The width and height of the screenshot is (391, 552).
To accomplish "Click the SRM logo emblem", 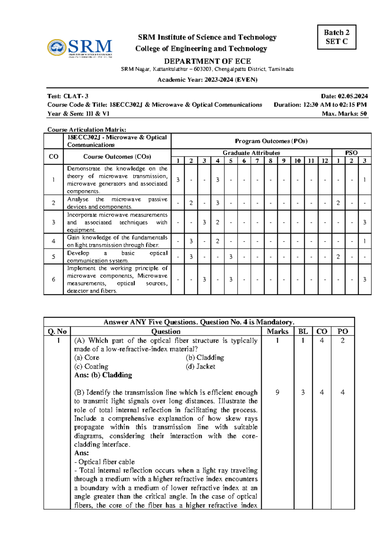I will pos(57,48).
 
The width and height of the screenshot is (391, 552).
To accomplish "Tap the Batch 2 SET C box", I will pos(337,37).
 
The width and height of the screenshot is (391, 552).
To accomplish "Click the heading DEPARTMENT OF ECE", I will pos(207,61).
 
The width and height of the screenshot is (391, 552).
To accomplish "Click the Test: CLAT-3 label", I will pos(68,96).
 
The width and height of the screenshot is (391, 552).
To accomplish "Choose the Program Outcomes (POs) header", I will pos(271,141).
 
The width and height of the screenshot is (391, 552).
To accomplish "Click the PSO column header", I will pos(351,153).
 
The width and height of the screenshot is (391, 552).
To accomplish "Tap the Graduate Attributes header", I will pos(251,153).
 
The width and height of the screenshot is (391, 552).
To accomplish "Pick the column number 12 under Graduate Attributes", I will pos(325,160).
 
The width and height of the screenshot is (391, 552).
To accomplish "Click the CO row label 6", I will pos(53,279).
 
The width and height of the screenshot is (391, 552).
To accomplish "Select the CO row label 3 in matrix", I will pos(53,222).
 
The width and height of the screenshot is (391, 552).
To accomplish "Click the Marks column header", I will pos(278,331).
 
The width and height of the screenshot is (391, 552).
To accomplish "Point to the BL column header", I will pos(303,331).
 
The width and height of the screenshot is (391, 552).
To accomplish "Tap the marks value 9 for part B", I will pos(277,392).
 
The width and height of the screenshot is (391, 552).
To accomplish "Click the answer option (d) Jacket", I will pos(200,366).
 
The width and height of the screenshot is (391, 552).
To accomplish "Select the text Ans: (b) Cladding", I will pos(103,375).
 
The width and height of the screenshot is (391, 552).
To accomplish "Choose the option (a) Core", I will pos(87,357).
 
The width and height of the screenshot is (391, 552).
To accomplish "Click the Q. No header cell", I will pos(57,331).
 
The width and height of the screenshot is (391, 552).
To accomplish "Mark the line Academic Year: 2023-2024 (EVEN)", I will pos(207,79).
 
